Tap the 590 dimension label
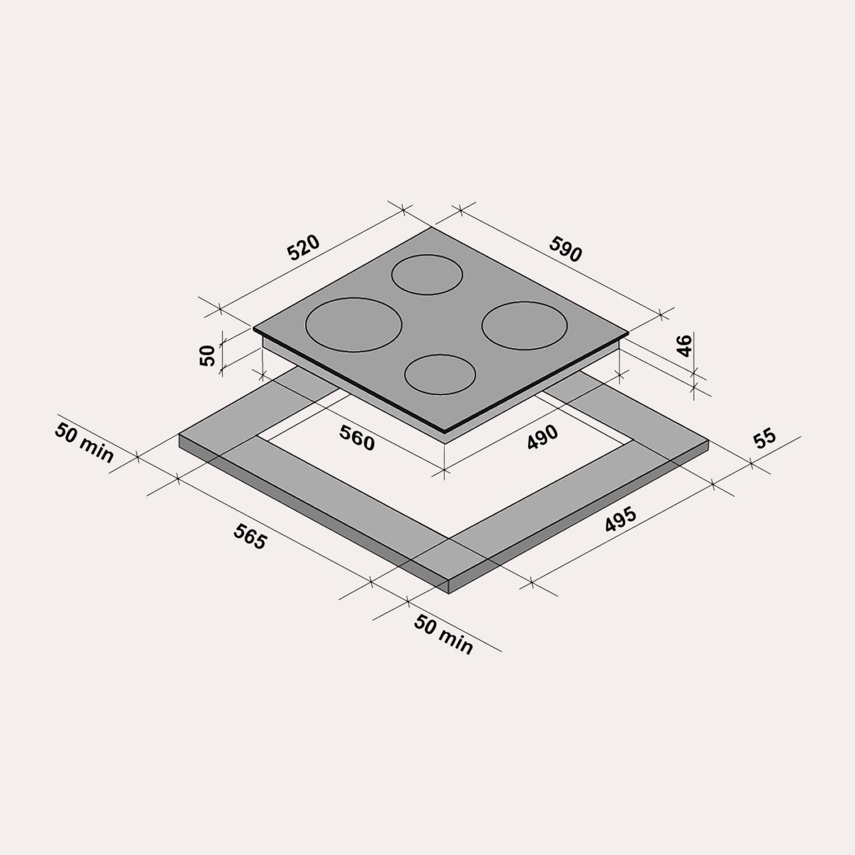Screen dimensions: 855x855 point(565,249)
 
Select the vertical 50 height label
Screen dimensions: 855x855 point(208,355)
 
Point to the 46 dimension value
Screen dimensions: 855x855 point(684,346)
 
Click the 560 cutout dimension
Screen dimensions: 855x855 point(356,437)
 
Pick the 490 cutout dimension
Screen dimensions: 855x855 point(542,437)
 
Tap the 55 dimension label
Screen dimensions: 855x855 point(765,438)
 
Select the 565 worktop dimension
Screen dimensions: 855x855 point(250,537)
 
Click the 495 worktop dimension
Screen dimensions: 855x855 point(620,520)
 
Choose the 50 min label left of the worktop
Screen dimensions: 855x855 point(84,443)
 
